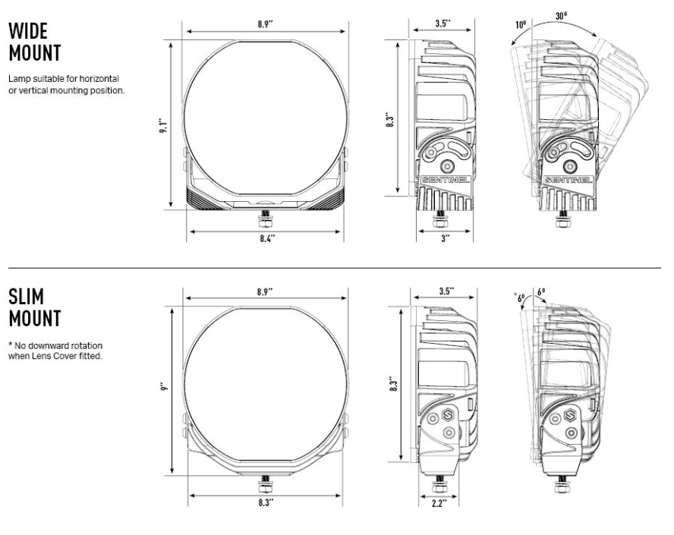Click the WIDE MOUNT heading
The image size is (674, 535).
click(35, 42)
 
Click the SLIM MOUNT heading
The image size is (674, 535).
click(35, 307)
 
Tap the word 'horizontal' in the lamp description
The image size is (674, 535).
click(99, 79)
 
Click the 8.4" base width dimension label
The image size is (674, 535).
click(267, 238)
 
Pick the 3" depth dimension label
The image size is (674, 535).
click(445, 238)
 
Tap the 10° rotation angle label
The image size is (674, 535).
click(521, 24)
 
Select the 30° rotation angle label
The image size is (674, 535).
click(561, 16)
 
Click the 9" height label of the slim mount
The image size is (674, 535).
click(163, 387)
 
